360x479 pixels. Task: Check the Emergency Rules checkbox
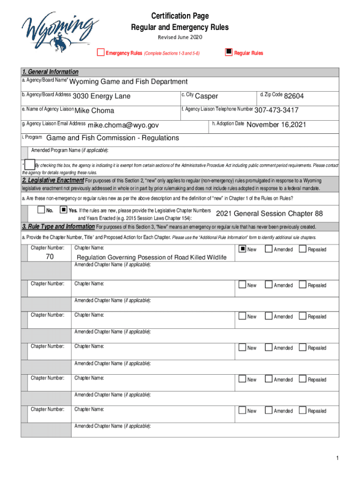pos(101,52)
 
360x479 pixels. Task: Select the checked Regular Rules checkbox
pos(229,52)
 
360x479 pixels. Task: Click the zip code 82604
pos(294,96)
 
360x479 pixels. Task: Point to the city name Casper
pos(206,96)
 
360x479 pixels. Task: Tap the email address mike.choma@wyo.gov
pos(123,125)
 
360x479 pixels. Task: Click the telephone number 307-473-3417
pos(276,111)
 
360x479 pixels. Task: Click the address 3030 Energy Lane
pos(101,97)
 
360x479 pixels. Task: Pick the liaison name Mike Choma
pos(94,111)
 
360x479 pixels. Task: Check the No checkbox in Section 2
pos(41,210)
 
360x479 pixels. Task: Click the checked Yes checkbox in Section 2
pos(64,210)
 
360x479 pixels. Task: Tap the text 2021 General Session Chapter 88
pos(269,214)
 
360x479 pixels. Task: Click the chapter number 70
pos(50,257)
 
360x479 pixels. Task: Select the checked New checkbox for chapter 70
pos(242,249)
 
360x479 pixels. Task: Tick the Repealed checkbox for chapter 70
pos(302,249)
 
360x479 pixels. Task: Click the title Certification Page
pos(180,17)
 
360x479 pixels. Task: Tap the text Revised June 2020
pos(180,37)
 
